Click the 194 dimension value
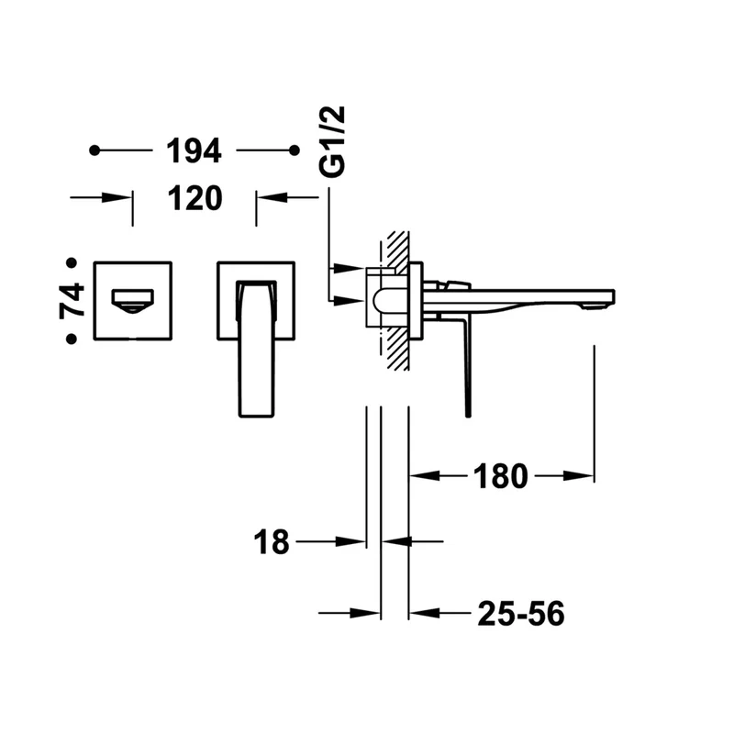click(194, 150)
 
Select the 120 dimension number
click(195, 198)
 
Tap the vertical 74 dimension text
click(72, 301)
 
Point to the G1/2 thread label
click(332, 141)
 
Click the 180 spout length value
click(500, 476)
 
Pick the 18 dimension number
click(272, 542)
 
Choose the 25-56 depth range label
click(521, 613)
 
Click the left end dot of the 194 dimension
click(95, 150)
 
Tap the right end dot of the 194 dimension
click(294, 150)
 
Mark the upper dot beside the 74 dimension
click(72, 263)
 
